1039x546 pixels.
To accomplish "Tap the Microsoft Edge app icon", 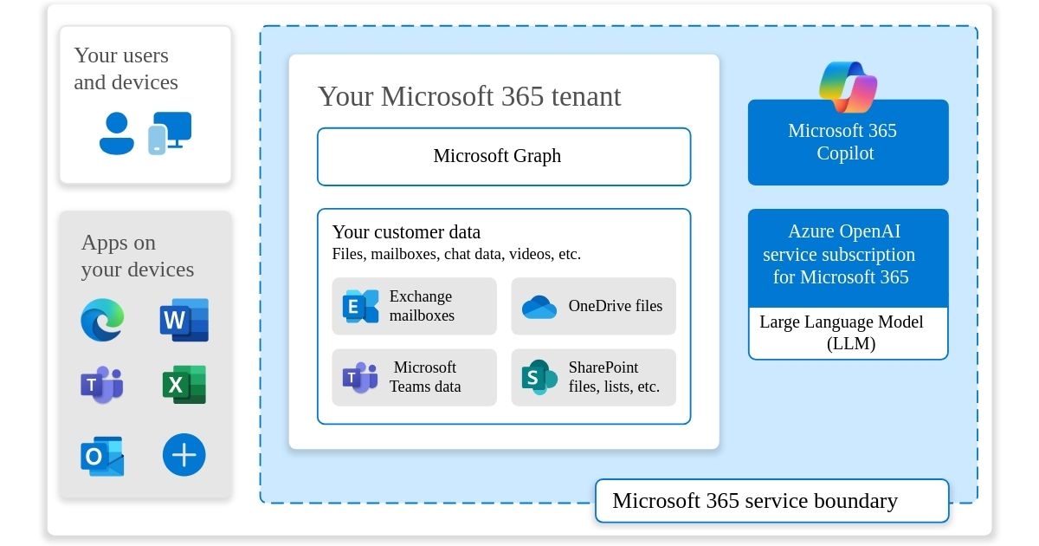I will [102, 320].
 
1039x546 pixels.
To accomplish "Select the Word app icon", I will [184, 320].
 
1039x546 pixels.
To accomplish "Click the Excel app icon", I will [184, 385].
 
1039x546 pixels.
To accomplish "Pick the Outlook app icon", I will [102, 455].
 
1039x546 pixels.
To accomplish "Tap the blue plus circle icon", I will [184, 455].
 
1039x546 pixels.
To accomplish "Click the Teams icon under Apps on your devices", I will [102, 385].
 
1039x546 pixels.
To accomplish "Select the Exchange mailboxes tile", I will [414, 306].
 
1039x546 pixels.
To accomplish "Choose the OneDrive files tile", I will [593, 306].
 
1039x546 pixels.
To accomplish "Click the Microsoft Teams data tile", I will [414, 377].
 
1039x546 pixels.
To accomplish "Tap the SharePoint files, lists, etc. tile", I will [593, 377].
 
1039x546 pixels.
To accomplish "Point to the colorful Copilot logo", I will [848, 86].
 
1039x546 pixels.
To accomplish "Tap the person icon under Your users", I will [117, 133].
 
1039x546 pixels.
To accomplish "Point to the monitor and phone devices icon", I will [169, 133].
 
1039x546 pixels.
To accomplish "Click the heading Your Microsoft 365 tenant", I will [469, 96].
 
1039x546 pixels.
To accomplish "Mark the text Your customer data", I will [406, 232].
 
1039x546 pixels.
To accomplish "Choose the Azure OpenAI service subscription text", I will [839, 255].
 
